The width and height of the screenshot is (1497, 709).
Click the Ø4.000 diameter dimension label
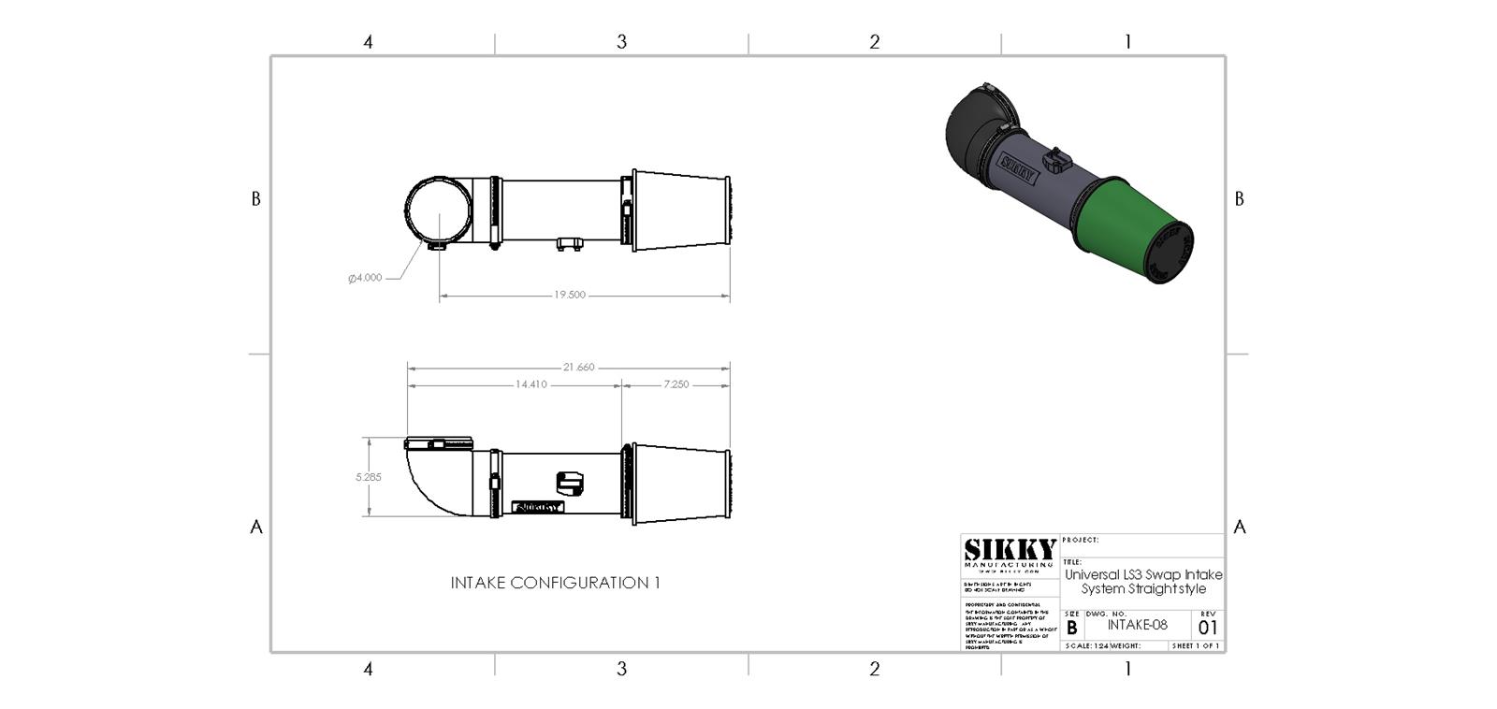point(365,278)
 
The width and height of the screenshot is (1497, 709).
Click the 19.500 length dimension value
point(569,295)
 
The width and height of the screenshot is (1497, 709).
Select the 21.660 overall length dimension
point(578,367)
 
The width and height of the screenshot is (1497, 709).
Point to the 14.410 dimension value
point(530,384)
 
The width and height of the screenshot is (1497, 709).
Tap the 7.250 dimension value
point(676,384)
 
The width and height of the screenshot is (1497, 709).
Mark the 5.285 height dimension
point(368,477)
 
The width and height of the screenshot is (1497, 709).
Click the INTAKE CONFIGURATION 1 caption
point(555,583)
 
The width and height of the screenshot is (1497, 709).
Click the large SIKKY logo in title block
point(1010,551)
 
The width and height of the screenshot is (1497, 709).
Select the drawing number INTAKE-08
point(1137,625)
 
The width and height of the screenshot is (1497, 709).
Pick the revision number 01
point(1208,628)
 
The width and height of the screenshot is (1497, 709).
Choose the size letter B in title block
point(1071,628)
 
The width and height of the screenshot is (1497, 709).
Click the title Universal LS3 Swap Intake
point(1143,574)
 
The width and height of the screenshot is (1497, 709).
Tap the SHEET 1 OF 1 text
point(1196,645)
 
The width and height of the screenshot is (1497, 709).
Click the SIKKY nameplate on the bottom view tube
point(539,507)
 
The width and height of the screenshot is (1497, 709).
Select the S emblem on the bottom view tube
point(569,483)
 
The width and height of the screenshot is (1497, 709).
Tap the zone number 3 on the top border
point(621,42)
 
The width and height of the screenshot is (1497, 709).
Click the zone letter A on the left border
point(255,527)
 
